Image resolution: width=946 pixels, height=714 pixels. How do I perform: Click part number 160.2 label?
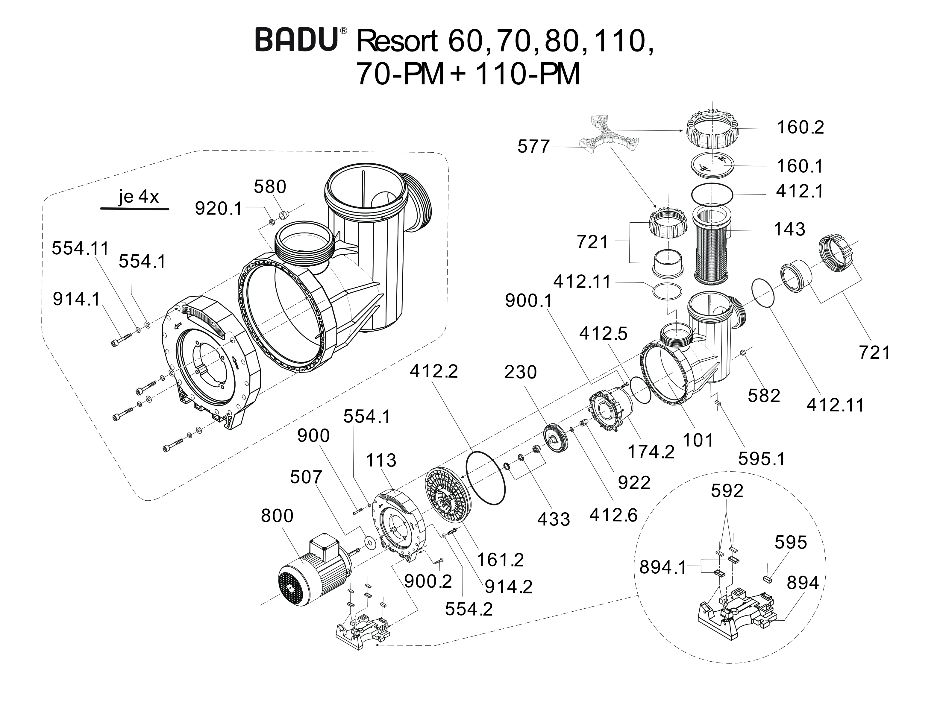pos(800,127)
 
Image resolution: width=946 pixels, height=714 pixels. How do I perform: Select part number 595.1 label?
pos(761,459)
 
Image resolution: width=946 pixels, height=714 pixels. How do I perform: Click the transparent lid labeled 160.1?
pos(712,165)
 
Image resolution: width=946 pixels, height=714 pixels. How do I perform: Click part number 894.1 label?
pos(662,567)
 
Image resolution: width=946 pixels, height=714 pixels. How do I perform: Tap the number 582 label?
pos(764,396)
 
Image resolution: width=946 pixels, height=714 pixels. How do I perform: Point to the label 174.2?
pos(651,452)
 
